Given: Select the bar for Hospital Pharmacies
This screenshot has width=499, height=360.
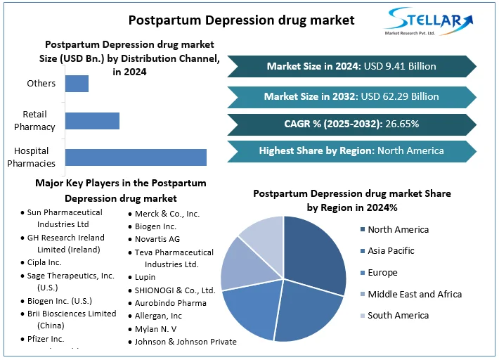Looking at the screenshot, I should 136,157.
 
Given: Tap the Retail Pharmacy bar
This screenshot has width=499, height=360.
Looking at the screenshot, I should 92,120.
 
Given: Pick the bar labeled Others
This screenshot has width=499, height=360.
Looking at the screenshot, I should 77,84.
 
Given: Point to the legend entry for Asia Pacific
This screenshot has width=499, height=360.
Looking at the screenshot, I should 391,251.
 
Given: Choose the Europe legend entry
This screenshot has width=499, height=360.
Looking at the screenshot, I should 382,273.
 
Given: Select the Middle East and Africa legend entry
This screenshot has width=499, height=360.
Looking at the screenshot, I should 415,294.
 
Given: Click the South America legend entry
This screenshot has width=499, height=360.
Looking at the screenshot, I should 398,316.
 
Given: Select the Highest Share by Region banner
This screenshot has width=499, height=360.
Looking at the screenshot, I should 351,150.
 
